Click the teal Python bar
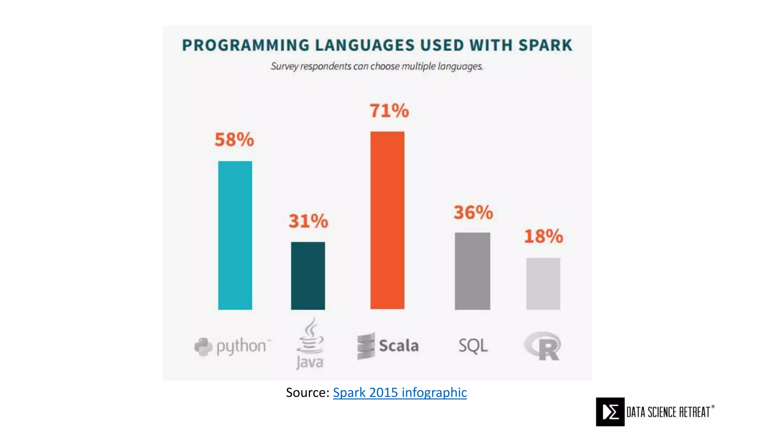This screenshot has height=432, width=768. [x=235, y=235]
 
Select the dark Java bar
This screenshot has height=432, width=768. [x=308, y=276]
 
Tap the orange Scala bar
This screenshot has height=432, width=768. [x=387, y=220]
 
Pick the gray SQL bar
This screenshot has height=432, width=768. [x=472, y=271]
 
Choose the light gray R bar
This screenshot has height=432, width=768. [x=543, y=283]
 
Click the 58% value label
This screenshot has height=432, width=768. [x=234, y=139]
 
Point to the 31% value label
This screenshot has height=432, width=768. [x=308, y=221]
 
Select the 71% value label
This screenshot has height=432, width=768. [x=389, y=111]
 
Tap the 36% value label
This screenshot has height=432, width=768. [x=473, y=212]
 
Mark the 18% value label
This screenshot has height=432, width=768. [x=543, y=236]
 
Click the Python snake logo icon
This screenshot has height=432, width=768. [x=203, y=346]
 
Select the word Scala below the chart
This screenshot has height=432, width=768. [x=399, y=346]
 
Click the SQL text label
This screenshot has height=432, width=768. [x=473, y=345]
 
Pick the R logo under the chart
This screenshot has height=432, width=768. [x=543, y=346]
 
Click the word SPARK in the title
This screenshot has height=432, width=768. [x=545, y=45]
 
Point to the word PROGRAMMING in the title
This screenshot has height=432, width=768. [x=246, y=45]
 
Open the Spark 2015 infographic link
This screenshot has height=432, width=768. [x=400, y=393]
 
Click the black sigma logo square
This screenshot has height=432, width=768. [x=610, y=412]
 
